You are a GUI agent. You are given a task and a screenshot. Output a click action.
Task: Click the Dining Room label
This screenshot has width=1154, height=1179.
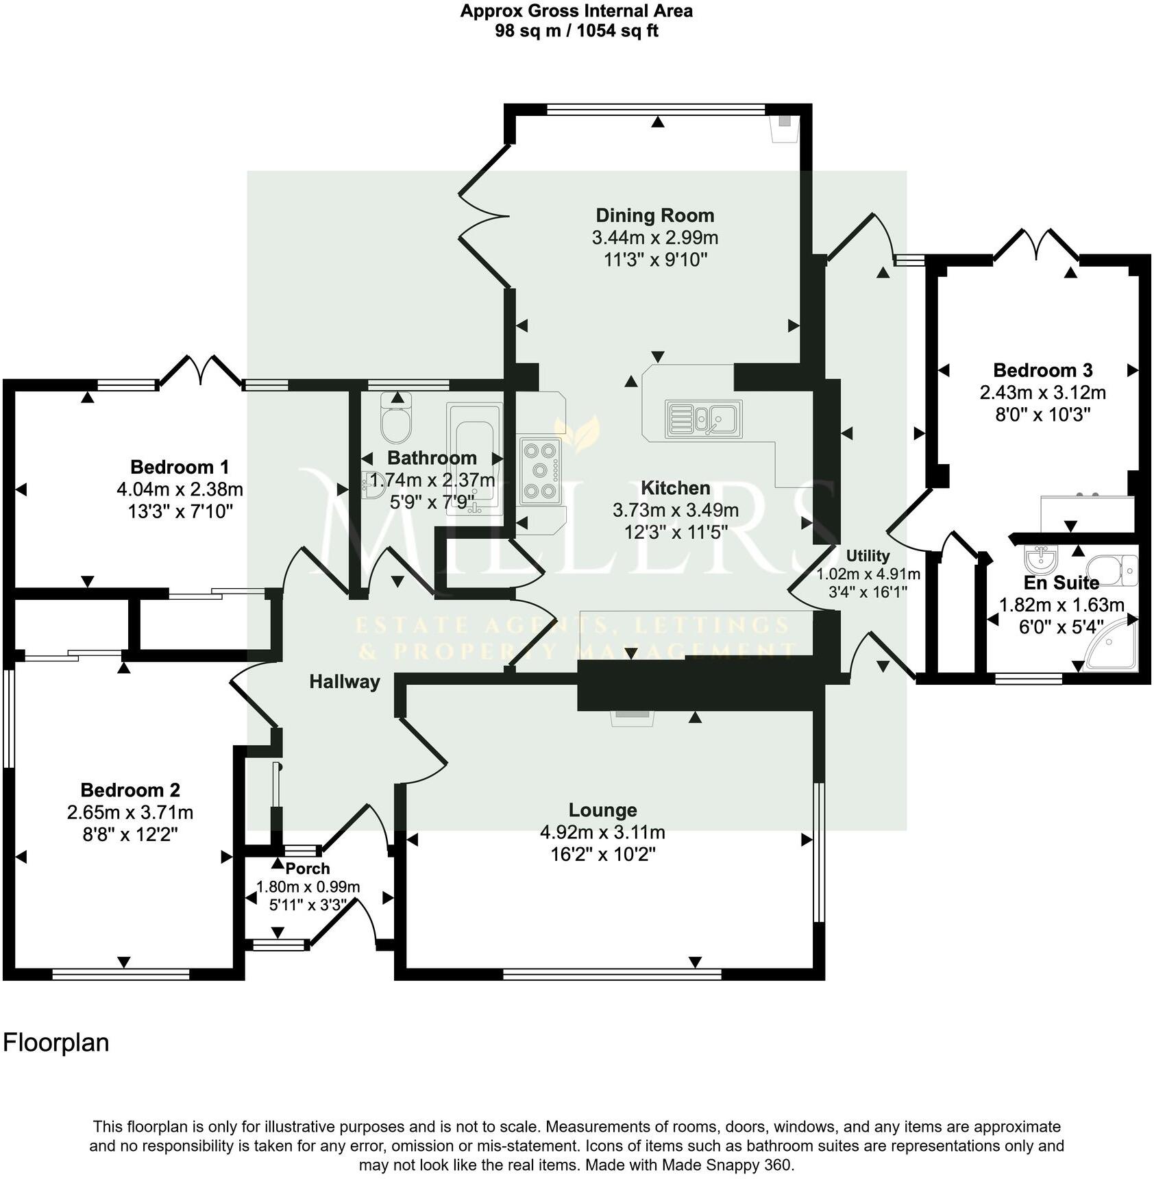click(x=654, y=215)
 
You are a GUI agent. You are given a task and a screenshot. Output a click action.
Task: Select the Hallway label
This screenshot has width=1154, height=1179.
click(x=344, y=681)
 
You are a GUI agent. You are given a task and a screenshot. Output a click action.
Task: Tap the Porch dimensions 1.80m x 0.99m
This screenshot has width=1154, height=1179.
click(x=308, y=886)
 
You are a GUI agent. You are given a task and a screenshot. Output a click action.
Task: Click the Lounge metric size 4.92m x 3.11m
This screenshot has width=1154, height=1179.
click(x=602, y=832)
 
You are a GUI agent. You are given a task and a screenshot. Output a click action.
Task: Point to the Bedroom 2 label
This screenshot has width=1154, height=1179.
click(x=130, y=790)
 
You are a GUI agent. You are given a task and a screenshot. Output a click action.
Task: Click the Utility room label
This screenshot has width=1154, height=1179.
click(x=867, y=556)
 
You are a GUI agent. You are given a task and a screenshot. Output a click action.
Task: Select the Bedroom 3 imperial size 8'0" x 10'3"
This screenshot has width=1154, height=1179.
click(x=1042, y=414)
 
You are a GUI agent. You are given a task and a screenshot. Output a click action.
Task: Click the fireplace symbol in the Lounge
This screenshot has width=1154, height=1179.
click(x=633, y=716)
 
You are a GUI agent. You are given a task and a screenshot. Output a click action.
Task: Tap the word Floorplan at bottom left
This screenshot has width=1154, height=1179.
click(x=56, y=1043)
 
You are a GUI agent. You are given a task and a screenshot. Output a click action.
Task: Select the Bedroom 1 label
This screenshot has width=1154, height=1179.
click(x=180, y=467)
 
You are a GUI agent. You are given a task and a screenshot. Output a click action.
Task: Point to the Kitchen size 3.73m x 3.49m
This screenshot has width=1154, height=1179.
click(x=675, y=510)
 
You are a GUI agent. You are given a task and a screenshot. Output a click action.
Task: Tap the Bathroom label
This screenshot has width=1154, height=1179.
click(x=432, y=457)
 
